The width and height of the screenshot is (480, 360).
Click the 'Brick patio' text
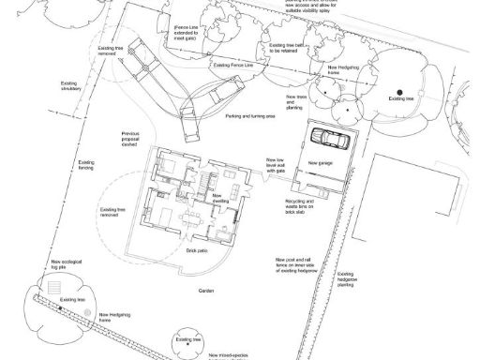pos(197,251)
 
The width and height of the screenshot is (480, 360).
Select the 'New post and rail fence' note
pos(291,265)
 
